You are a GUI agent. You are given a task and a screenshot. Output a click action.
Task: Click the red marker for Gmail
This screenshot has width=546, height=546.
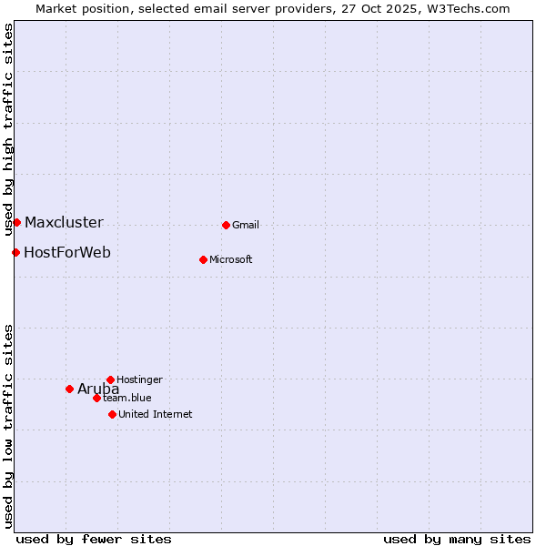coord(226,225)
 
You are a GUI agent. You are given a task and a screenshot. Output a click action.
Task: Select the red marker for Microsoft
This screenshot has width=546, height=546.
coord(203,259)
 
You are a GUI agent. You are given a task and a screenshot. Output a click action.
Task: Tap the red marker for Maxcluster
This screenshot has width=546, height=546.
coord(16,222)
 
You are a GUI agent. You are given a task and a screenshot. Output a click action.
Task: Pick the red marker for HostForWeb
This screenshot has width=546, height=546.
coord(15,252)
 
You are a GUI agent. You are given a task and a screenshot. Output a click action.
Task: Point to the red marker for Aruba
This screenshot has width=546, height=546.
coord(69,389)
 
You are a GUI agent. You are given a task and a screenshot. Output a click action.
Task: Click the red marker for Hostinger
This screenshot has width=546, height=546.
coord(110,379)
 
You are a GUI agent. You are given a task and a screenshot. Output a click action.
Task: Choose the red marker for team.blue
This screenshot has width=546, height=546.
coord(96,398)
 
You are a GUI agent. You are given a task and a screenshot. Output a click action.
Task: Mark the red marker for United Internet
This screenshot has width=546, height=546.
coord(112,414)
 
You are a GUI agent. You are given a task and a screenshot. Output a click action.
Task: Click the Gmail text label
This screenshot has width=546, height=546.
coord(246,225)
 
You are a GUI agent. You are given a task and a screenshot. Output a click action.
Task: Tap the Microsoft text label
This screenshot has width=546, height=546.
coord(230,259)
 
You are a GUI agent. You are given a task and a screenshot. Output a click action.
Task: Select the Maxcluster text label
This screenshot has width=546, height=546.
coord(64,222)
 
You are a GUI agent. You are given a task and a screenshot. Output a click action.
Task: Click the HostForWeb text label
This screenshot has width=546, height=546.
coord(67,252)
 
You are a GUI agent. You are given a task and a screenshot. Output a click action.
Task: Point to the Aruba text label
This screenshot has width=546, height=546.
coord(98,389)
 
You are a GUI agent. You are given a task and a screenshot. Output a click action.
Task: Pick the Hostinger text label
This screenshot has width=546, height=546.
coord(139,379)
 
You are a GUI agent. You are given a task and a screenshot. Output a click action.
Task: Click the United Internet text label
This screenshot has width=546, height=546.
coord(155,414)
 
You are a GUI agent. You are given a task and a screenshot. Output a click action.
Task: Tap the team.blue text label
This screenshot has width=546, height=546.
coord(127,398)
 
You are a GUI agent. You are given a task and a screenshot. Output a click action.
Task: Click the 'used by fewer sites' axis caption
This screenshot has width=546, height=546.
coord(94,539)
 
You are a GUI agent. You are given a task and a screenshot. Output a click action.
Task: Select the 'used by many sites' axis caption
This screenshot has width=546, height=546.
coord(457,539)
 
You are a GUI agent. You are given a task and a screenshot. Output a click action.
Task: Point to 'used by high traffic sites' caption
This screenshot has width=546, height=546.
coord(8,129)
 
